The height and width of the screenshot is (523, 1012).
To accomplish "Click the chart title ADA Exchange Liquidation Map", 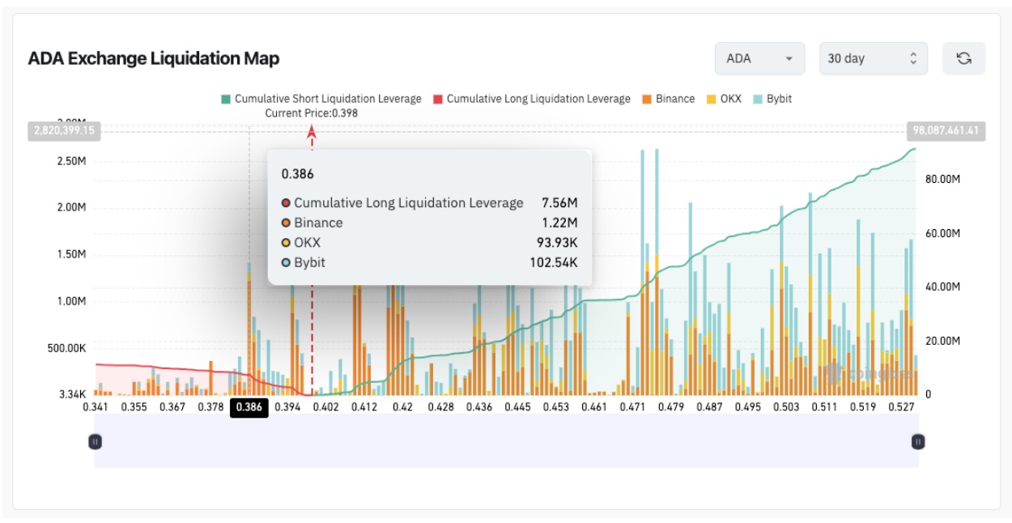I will click(x=154, y=58).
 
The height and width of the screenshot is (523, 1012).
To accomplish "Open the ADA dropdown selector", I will click(x=759, y=58).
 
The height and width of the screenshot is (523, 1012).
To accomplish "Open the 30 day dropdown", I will click(x=871, y=58).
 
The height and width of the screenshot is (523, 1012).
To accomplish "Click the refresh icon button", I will click(x=963, y=58).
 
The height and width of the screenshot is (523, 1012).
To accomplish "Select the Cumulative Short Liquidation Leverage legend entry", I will click(x=321, y=99).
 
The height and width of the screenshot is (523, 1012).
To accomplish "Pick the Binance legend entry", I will click(x=669, y=99).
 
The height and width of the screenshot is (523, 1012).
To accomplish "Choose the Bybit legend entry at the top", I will click(x=772, y=99).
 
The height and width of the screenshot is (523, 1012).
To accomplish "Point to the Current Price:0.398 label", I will click(x=312, y=113).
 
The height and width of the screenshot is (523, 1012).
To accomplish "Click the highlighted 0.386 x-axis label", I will click(x=249, y=407).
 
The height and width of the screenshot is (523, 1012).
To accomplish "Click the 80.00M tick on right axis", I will click(x=942, y=179).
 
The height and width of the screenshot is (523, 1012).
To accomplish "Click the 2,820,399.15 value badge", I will click(x=65, y=130).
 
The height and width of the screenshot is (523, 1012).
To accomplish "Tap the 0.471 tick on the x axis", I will click(x=632, y=407).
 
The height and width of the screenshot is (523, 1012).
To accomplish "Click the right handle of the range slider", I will click(x=918, y=442).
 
